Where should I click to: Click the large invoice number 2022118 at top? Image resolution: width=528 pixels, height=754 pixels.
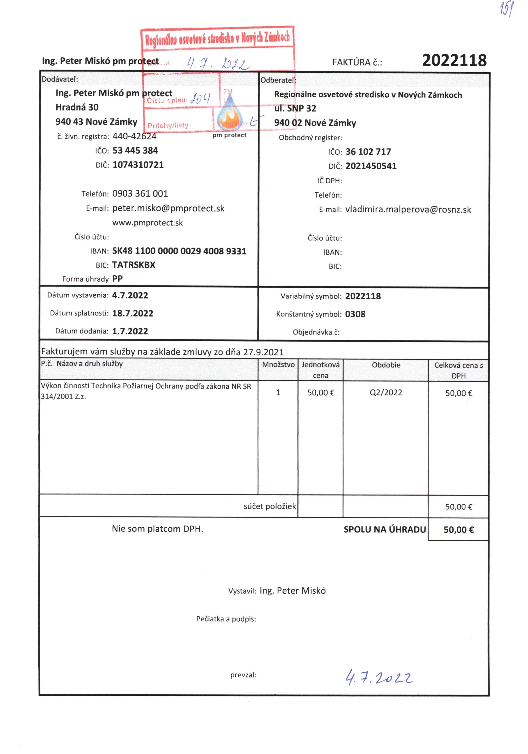[454, 60]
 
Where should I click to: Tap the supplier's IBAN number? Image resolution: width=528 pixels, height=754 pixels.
[179, 251]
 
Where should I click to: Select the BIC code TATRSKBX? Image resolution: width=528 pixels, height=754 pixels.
[133, 265]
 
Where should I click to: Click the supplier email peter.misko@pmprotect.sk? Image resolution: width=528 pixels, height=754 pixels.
[168, 209]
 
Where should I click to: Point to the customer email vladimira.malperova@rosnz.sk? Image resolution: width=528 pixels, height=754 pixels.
[408, 210]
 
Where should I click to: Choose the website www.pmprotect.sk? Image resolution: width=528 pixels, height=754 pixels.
[147, 223]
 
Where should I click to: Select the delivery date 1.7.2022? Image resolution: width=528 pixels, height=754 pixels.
[130, 331]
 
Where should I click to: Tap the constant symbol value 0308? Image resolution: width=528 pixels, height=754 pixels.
[355, 314]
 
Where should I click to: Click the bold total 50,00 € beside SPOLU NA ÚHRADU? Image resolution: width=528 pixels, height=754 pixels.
[459, 530]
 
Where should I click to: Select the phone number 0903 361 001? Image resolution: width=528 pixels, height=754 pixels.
[140, 194]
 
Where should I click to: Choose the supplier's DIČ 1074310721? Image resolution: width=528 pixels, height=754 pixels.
[138, 165]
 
